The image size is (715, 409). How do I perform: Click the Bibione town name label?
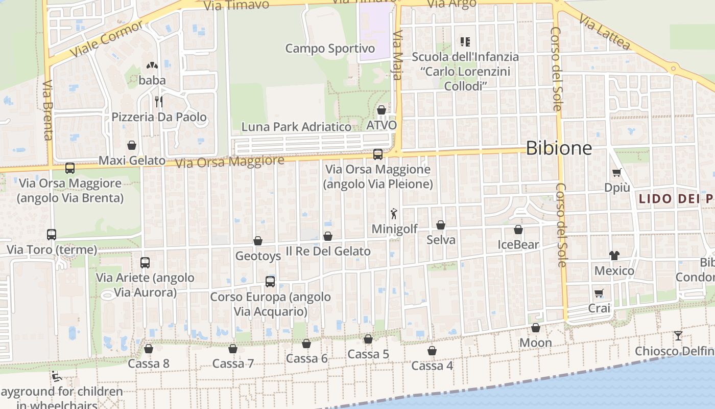click(x=559, y=148)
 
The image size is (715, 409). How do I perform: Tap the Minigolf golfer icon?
click(x=393, y=214)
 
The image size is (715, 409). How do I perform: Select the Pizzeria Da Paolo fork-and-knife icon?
click(x=159, y=101)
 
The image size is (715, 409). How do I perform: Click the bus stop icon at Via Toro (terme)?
click(x=52, y=235)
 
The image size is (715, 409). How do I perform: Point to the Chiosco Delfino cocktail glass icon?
click(x=678, y=336)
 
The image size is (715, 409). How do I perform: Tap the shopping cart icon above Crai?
click(x=599, y=293)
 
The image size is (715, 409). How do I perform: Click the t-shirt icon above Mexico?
click(x=614, y=255)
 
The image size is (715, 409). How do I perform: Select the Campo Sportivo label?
click(x=330, y=49)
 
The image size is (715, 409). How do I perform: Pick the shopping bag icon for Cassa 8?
click(x=148, y=349)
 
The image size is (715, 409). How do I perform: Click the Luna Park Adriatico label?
click(x=296, y=127)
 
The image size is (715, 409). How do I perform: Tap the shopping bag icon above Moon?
click(x=536, y=328)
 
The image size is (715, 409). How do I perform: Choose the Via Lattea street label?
click(x=605, y=32)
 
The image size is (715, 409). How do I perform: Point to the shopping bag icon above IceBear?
click(x=518, y=230)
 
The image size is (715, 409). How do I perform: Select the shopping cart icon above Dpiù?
click(x=617, y=173)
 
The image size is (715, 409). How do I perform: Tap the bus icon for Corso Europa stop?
click(x=270, y=281)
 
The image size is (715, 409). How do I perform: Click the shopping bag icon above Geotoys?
click(x=258, y=241)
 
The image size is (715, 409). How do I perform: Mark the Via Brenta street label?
click(x=47, y=110)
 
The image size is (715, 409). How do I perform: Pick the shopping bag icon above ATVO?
click(x=382, y=110)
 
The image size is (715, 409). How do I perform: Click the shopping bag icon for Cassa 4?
click(x=432, y=351)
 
